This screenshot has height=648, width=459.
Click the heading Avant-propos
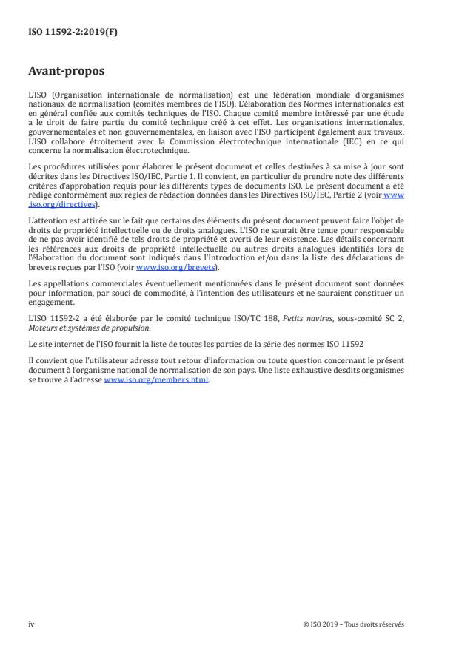[66, 72]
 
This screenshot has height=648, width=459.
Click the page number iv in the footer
[31, 624]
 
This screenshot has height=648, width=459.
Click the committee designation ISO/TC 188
[238, 320]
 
